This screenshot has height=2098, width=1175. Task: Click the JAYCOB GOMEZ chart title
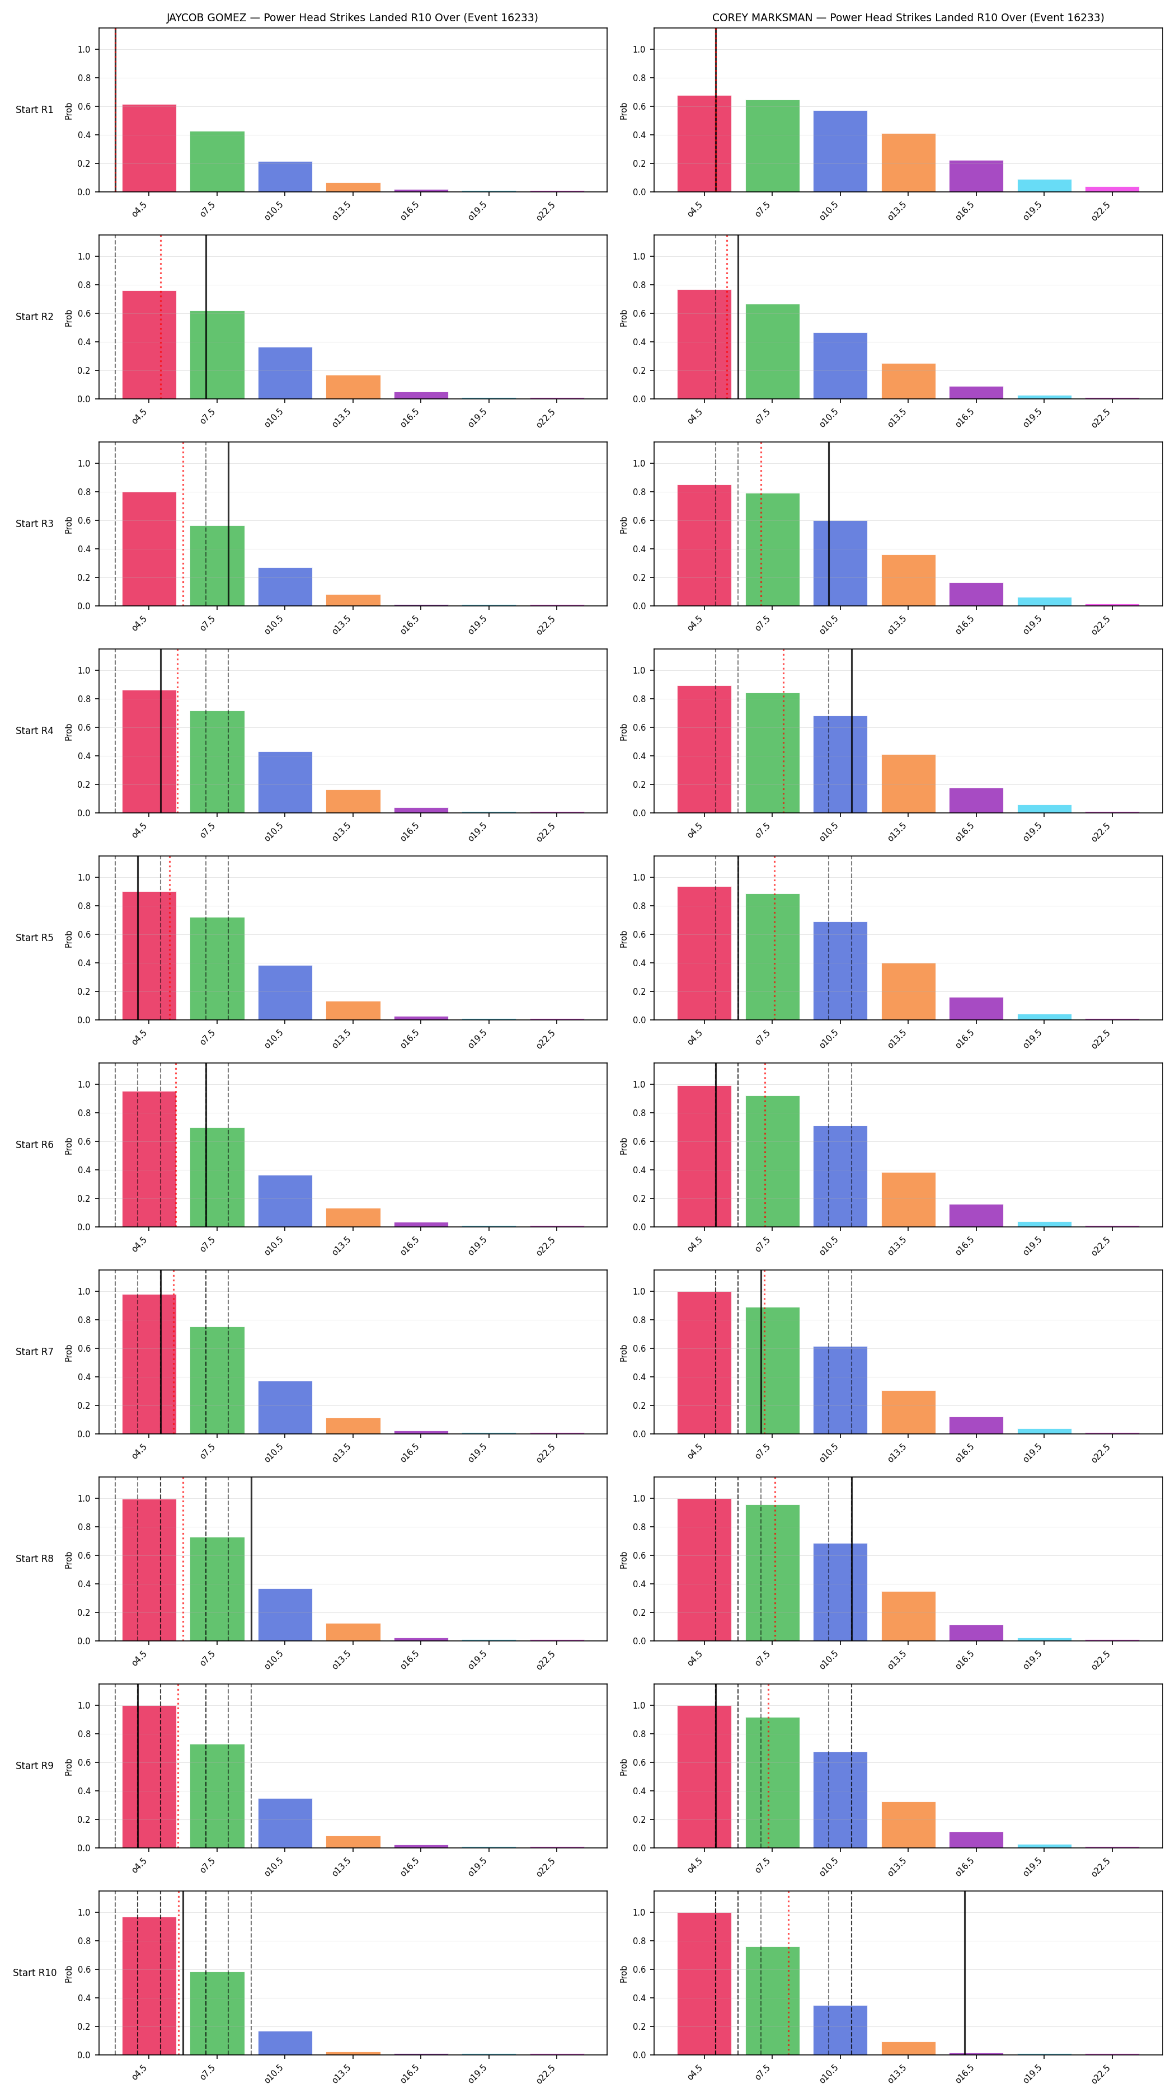click(x=352, y=17)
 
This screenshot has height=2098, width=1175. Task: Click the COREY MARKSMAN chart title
click(x=908, y=17)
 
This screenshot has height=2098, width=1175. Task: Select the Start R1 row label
click(x=34, y=110)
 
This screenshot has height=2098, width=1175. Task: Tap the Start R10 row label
click(x=34, y=1973)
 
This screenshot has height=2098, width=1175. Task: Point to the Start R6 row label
click(x=34, y=1144)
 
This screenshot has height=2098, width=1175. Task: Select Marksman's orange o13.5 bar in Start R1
click(x=908, y=163)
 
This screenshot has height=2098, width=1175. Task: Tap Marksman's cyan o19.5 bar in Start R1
click(x=1044, y=186)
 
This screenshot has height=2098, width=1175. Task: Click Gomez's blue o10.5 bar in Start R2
click(x=285, y=373)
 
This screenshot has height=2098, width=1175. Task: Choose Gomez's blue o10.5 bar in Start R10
click(x=285, y=2043)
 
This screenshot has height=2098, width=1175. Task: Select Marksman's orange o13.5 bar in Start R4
click(x=908, y=783)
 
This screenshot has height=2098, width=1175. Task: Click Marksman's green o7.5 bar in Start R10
click(x=772, y=2001)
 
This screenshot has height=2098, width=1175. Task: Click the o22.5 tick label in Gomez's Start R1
click(x=546, y=210)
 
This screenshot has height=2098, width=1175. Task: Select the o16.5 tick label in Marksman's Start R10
click(x=965, y=2073)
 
